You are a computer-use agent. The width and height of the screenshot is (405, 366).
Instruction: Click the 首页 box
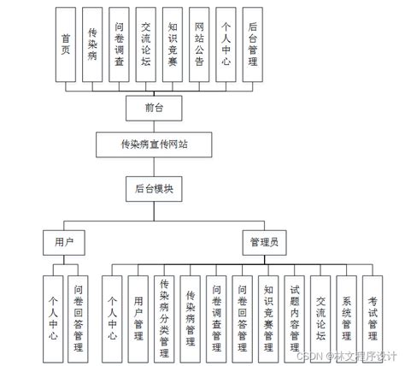(66, 44)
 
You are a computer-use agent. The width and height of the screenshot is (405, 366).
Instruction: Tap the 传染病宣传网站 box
(154, 145)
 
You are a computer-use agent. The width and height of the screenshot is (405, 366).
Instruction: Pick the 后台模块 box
(154, 188)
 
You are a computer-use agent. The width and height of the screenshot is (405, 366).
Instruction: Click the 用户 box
(64, 242)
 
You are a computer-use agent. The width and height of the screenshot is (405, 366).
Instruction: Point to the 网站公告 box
(199, 44)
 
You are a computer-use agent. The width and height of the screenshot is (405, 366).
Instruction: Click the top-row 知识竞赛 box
(173, 44)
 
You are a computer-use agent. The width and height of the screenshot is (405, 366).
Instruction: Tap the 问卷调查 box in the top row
(120, 44)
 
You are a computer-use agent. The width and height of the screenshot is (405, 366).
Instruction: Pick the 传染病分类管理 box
(165, 316)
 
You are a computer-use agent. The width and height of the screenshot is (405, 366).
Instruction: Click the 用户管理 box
(138, 316)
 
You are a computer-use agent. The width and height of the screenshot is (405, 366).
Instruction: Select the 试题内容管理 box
(295, 316)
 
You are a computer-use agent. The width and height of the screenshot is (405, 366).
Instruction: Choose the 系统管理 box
(347, 316)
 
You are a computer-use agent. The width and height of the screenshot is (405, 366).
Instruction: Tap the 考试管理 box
(373, 316)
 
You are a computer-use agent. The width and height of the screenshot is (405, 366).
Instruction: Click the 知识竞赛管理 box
(268, 316)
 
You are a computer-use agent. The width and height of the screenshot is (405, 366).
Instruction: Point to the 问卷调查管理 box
(217, 316)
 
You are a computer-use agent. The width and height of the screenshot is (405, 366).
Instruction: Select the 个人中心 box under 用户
(53, 316)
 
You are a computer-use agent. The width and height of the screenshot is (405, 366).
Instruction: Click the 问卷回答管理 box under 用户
(79, 316)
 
